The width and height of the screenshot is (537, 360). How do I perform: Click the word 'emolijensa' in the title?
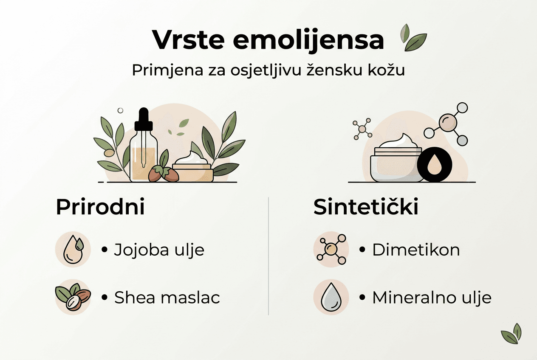(x=308, y=41)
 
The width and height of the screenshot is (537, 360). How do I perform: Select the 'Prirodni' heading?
(x=100, y=208)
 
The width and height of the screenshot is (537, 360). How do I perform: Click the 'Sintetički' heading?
(x=366, y=208)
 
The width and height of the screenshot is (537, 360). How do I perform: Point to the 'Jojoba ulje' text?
(x=159, y=250)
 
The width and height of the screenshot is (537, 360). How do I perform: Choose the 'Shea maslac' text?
(x=167, y=298)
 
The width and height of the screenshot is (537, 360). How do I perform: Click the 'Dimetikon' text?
(x=416, y=250)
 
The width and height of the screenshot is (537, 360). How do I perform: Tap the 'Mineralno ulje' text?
(x=432, y=298)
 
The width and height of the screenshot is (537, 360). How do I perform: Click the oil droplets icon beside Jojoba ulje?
(x=73, y=250)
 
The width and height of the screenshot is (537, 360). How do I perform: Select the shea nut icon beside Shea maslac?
(x=73, y=297)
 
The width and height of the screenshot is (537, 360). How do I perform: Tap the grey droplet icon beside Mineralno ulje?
(x=331, y=297)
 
